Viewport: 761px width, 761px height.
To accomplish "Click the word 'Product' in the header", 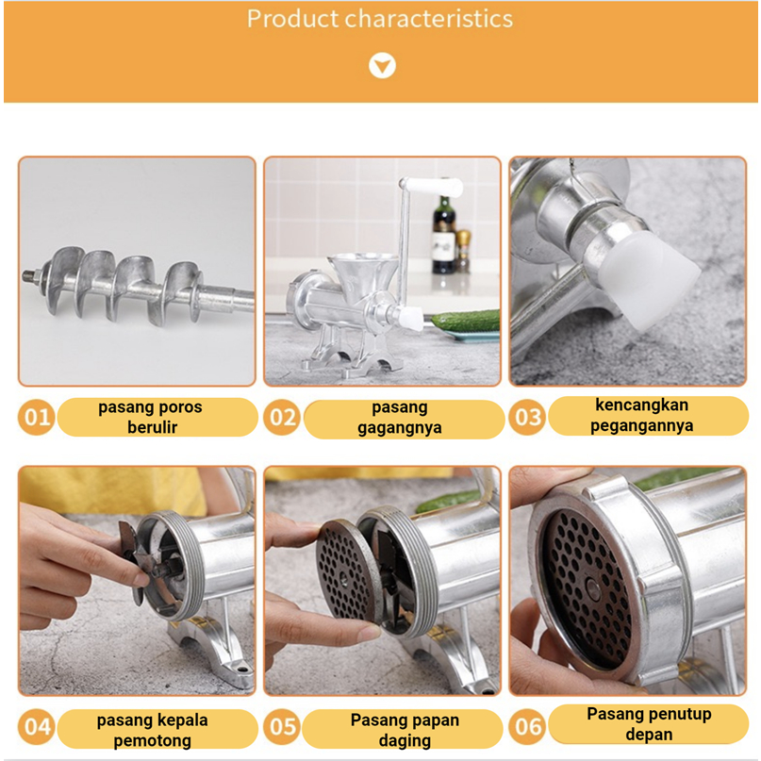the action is [x=292, y=19].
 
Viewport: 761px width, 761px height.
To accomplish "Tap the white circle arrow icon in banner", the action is [x=382, y=65].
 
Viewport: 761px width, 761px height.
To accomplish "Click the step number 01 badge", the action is [x=37, y=417].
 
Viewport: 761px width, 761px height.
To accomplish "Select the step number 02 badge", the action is [x=282, y=417].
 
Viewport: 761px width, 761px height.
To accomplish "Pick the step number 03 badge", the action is [x=527, y=417].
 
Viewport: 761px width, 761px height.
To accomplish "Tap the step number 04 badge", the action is [x=37, y=726].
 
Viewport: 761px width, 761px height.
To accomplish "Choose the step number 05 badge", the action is [x=282, y=726].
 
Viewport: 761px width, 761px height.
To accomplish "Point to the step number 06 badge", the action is [x=527, y=726].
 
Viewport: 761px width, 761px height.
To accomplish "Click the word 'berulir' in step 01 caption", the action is [x=152, y=427].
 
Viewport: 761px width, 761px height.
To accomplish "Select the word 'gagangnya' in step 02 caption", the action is [x=400, y=428].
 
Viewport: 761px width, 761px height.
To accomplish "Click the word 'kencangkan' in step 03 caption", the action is [x=641, y=405].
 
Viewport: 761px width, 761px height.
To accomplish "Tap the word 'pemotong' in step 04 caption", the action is [x=152, y=741].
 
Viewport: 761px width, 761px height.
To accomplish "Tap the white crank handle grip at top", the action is [x=431, y=186].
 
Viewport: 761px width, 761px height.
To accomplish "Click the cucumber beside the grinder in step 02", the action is [x=466, y=322].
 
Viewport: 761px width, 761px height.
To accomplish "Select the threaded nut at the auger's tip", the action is [x=31, y=276].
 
